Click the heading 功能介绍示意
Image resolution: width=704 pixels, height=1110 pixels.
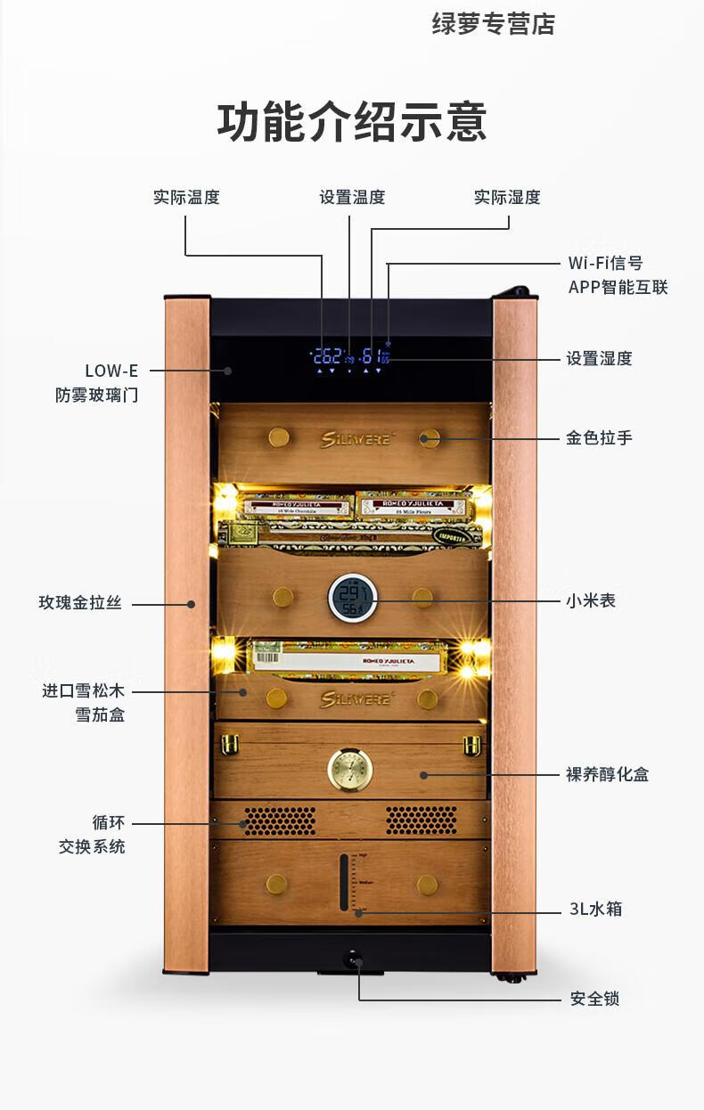352,122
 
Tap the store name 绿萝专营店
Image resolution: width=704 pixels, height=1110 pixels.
493,25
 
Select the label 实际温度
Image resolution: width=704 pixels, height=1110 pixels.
186,197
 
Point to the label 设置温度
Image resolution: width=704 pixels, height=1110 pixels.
352,197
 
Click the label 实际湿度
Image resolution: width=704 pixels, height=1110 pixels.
507,197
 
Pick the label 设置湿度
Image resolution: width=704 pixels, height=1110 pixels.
599,358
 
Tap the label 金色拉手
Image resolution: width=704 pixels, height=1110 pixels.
599,437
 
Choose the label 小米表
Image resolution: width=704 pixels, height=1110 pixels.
591,600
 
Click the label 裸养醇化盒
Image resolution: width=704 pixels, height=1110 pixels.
607,773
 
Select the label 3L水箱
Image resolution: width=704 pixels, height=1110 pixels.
595,909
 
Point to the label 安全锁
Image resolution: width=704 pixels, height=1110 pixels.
594,998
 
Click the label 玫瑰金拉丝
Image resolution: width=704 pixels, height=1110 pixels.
79,603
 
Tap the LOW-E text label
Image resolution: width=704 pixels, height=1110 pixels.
111,371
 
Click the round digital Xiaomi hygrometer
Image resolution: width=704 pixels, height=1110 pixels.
352,597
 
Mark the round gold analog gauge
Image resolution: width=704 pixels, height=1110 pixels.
350,768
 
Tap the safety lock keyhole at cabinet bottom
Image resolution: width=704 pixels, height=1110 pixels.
353,959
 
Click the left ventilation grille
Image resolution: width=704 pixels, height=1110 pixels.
279,820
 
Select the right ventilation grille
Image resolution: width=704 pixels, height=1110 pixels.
421,820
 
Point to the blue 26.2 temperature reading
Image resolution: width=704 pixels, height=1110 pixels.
328,356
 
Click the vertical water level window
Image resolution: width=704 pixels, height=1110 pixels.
345,882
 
